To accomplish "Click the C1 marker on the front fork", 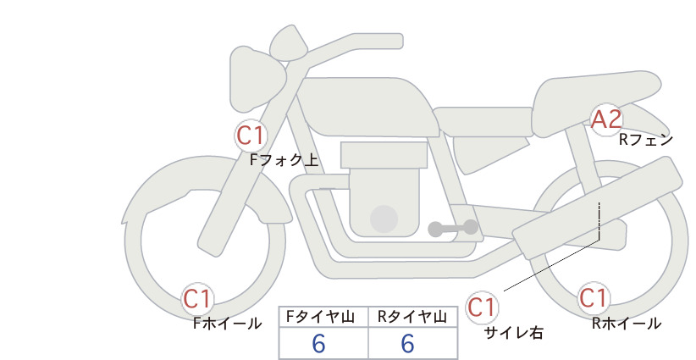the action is coord(251,136).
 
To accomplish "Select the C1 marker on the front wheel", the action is coord(197,299).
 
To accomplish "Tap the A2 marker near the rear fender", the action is coord(606,119).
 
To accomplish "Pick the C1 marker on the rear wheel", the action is coord(594,298).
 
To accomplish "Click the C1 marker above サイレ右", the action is coord(482,307).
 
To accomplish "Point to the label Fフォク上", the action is coord(284,160).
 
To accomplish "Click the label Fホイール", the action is coord(227,324).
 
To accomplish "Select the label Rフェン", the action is coord(646,140).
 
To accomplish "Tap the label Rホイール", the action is coord(627,324).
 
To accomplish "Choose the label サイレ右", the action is coord(514,333).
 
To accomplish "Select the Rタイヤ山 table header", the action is coord(412,317).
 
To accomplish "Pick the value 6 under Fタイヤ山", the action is coord(318,343).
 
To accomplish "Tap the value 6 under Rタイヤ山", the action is coord(407,343).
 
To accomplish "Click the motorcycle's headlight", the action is coord(257,80).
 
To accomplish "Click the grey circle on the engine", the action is coord(384,219).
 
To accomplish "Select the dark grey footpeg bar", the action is coord(453,228).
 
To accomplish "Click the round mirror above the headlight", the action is coord(289,43).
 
